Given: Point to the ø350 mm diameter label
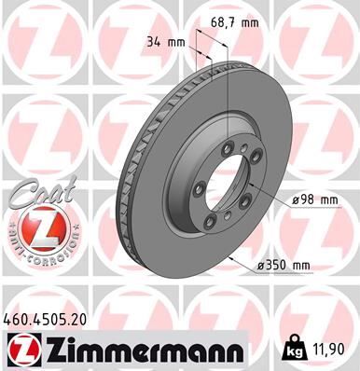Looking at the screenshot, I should pos(283,265).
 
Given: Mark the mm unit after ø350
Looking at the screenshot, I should pos(299,265).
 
